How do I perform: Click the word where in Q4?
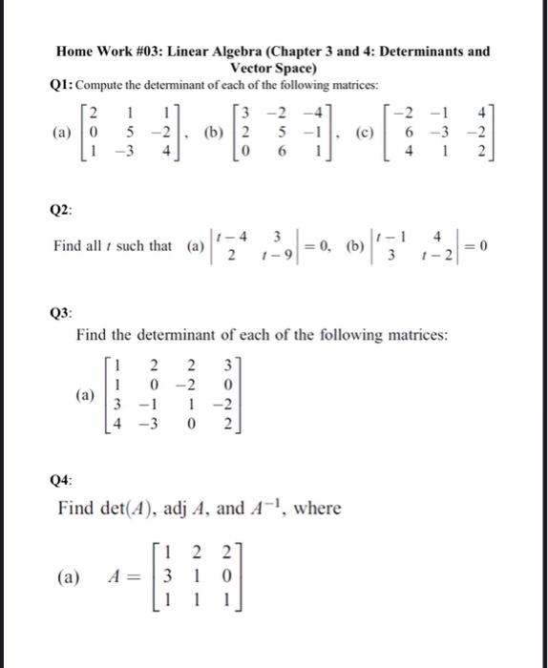[319, 509]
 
